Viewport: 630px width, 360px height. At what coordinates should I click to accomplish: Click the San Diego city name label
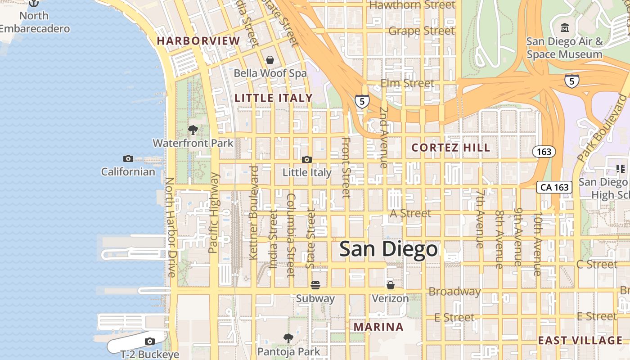pyautogui.click(x=388, y=249)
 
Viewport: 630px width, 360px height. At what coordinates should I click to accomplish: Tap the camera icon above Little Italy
pyautogui.click(x=307, y=159)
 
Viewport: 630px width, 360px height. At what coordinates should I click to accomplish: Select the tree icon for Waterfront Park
pyautogui.click(x=193, y=130)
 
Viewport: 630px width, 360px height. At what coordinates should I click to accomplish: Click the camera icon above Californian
pyautogui.click(x=128, y=158)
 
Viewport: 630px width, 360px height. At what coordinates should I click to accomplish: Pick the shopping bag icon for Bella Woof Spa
pyautogui.click(x=270, y=60)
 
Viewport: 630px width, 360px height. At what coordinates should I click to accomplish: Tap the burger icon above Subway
pyautogui.click(x=315, y=285)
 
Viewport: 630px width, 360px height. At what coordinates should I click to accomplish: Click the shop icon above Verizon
pyautogui.click(x=390, y=285)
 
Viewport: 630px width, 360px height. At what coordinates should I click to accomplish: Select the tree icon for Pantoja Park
pyautogui.click(x=288, y=338)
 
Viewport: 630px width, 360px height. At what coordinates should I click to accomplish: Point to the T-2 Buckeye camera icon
pyautogui.click(x=150, y=341)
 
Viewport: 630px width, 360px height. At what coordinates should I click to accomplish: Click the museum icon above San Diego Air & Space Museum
pyautogui.click(x=565, y=28)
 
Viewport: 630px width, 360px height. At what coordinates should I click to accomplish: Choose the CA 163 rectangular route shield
pyautogui.click(x=555, y=187)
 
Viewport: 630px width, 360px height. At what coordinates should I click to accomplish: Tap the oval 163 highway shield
pyautogui.click(x=544, y=152)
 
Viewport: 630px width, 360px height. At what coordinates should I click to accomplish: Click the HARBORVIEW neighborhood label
pyautogui.click(x=198, y=41)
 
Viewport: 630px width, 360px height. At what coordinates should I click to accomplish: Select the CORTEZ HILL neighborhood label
pyautogui.click(x=451, y=148)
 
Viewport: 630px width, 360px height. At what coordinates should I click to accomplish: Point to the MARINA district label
pyautogui.click(x=378, y=327)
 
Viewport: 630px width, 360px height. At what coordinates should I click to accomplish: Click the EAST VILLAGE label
pyautogui.click(x=580, y=340)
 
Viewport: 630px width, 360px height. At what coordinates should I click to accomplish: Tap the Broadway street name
pyautogui.click(x=454, y=292)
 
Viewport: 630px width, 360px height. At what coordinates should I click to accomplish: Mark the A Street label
pyautogui.click(x=410, y=213)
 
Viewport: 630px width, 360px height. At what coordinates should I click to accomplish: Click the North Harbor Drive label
pyautogui.click(x=171, y=227)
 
